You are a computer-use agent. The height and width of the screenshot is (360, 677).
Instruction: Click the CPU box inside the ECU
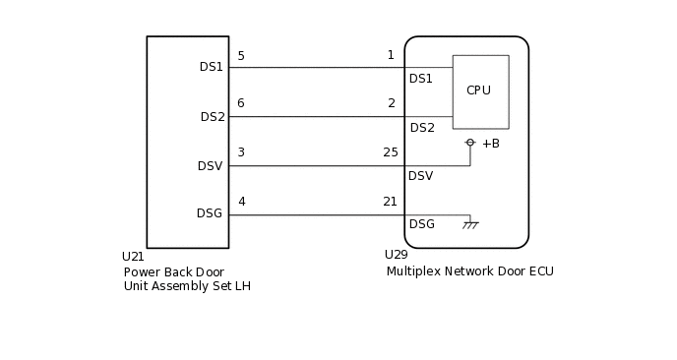[x=480, y=91]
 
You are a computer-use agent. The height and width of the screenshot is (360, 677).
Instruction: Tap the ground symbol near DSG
[x=470, y=225]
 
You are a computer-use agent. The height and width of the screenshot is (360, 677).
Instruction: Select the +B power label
[x=490, y=144]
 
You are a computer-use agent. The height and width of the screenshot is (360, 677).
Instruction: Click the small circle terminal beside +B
[x=470, y=143]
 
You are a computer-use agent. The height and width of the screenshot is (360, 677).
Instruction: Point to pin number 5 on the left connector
[x=241, y=56]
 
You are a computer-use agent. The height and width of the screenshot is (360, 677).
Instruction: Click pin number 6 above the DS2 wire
[x=241, y=103]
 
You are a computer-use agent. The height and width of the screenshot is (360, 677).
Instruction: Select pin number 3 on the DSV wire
[x=241, y=152]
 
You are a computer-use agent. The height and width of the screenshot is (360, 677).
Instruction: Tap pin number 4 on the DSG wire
[x=241, y=202]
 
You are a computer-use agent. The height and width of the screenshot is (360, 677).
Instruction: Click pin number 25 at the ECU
[x=391, y=152]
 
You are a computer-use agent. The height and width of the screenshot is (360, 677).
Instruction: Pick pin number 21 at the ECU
[x=391, y=202]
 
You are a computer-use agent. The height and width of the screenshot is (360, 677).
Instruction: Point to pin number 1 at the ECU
[x=391, y=56]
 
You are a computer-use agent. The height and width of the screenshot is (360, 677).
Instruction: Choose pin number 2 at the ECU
[x=391, y=103]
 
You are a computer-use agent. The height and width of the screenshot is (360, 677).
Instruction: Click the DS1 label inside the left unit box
[x=212, y=67]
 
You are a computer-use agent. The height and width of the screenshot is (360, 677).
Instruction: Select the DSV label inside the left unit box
[x=210, y=166]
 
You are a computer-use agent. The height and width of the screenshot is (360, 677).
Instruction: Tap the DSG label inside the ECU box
[x=421, y=224]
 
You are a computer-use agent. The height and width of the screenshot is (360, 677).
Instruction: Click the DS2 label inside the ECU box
[x=422, y=128]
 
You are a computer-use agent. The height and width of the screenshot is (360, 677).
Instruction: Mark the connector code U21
[x=133, y=257]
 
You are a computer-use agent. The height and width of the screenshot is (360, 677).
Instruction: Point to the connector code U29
[x=396, y=255]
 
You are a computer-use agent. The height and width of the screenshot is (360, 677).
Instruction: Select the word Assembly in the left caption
[x=184, y=286]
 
